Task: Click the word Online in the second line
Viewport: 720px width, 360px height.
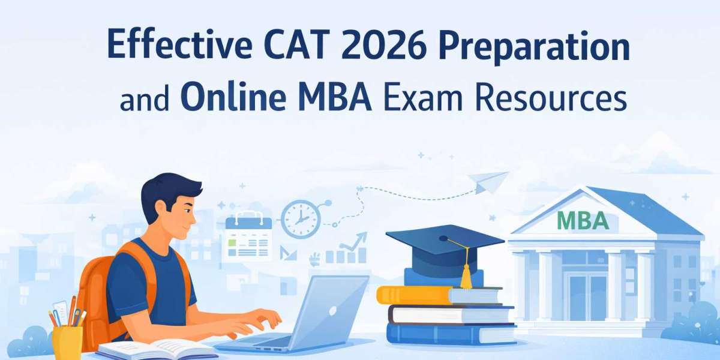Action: point(233,95)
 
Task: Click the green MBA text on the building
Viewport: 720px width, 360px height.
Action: point(583,221)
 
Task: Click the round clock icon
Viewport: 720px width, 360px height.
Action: point(301,219)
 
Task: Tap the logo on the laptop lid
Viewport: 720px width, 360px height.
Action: point(332,311)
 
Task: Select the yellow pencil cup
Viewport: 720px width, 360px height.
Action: point(67,342)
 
